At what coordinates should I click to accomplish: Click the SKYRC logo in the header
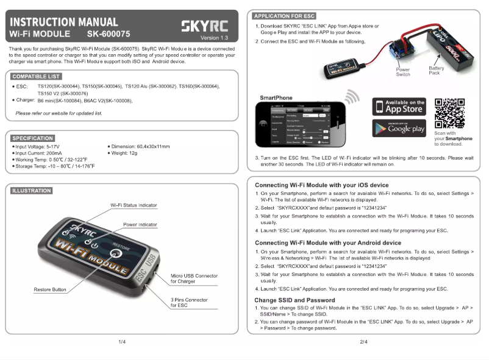(205, 26)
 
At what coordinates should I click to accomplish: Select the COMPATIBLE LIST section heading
(36, 76)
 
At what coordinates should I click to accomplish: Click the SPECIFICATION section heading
(33, 138)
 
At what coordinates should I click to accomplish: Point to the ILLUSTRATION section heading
(32, 191)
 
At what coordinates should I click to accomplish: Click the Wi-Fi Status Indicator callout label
(134, 205)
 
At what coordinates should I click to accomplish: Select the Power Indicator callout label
(140, 225)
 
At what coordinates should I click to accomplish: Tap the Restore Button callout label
(50, 290)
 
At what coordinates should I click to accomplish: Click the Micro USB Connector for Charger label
(194, 279)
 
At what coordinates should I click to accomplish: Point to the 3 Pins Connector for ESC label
(188, 303)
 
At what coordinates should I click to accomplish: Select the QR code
(449, 113)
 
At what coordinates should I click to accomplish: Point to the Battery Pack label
(437, 71)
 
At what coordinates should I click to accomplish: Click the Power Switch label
(402, 72)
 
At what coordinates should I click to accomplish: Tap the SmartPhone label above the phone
(276, 97)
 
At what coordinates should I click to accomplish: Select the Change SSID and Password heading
(294, 300)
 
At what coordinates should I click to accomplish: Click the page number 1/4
(122, 342)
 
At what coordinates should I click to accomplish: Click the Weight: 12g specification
(124, 154)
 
